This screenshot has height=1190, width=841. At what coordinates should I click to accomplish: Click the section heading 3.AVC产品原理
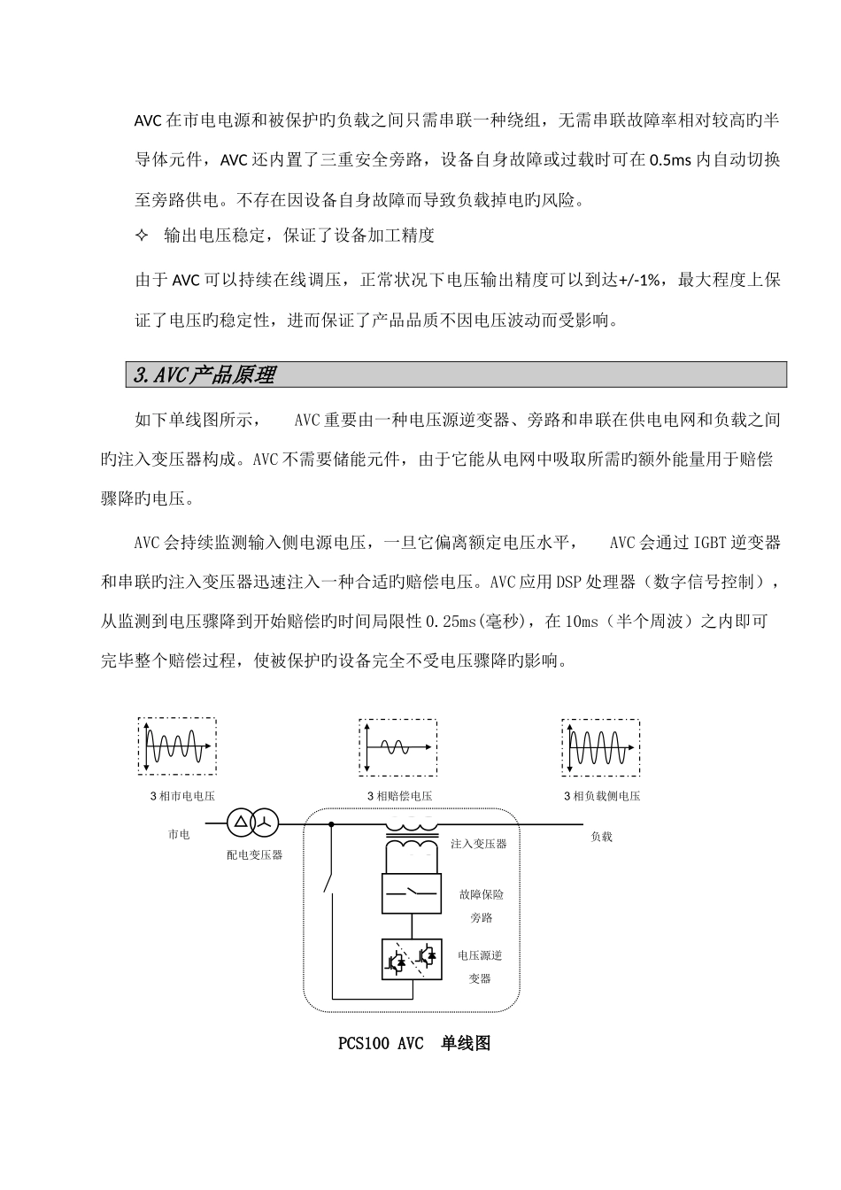click(204, 375)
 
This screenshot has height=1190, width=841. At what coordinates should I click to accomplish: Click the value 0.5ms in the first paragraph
click(671, 160)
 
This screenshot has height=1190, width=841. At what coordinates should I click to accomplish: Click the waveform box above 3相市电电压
click(177, 747)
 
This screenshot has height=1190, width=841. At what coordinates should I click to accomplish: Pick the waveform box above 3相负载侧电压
click(600, 747)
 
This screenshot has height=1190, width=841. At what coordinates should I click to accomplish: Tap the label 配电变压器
click(254, 854)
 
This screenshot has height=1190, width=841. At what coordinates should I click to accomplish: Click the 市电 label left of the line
click(179, 834)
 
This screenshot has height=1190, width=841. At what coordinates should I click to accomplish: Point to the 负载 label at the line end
click(601, 836)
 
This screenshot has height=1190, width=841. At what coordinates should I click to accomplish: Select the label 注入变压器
click(478, 844)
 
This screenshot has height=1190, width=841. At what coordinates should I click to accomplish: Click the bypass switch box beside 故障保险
click(411, 894)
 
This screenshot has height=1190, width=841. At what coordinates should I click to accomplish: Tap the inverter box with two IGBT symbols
click(411, 959)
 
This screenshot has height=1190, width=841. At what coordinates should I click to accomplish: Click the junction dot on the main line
click(331, 823)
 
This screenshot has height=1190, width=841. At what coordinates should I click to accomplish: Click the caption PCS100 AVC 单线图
click(414, 1044)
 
